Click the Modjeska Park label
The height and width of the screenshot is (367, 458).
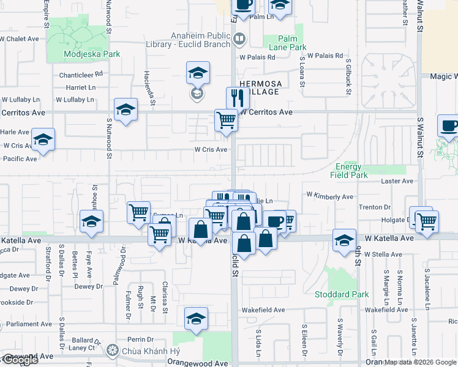click(92, 54)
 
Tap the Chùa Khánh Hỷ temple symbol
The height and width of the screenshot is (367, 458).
click(111, 350)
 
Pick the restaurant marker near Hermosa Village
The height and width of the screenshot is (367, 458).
click(237, 98)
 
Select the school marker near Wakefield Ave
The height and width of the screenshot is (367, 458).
click(196, 319)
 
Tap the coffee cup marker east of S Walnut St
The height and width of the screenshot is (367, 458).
click(449, 125)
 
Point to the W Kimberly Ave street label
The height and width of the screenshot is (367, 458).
click(330, 196)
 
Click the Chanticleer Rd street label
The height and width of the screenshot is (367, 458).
click(81, 75)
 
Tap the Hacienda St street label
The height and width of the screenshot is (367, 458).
click(147, 83)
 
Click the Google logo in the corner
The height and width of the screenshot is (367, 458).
click(20, 360)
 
